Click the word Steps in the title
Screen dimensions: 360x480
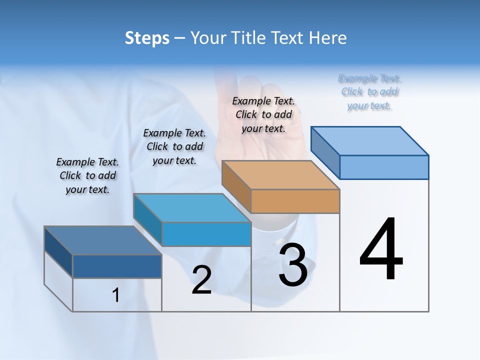[x=147, y=38]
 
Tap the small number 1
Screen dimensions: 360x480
[x=115, y=295]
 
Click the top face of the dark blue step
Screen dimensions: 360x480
[x=102, y=240]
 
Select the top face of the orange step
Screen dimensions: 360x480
[x=280, y=175]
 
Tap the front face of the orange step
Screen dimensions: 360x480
[x=295, y=201]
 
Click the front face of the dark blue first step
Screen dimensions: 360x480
[x=117, y=266]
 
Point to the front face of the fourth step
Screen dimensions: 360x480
[x=384, y=167]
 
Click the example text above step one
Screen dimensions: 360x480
[x=87, y=175]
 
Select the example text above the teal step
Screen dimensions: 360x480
[x=174, y=146]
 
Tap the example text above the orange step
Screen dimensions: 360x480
[x=263, y=114]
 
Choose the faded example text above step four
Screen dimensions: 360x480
[x=369, y=91]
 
